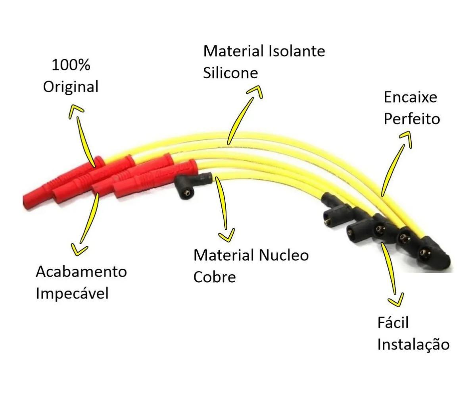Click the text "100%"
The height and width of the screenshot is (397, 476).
pyautogui.click(x=71, y=65)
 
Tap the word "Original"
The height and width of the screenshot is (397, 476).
pyautogui.click(x=71, y=87)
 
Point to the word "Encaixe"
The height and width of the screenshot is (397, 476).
pyautogui.click(x=410, y=97)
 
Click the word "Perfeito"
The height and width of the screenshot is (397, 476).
pyautogui.click(x=412, y=119)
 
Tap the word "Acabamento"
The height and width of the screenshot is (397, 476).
pyautogui.click(x=81, y=272)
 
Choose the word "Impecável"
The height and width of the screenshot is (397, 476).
pyautogui.click(x=72, y=293)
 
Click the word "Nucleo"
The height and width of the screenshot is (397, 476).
pyautogui.click(x=284, y=255)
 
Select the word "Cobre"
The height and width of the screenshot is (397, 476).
pyautogui.click(x=215, y=277)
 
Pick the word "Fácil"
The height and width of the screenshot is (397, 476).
pyautogui.click(x=393, y=322)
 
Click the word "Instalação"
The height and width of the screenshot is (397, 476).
pyautogui.click(x=413, y=344)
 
